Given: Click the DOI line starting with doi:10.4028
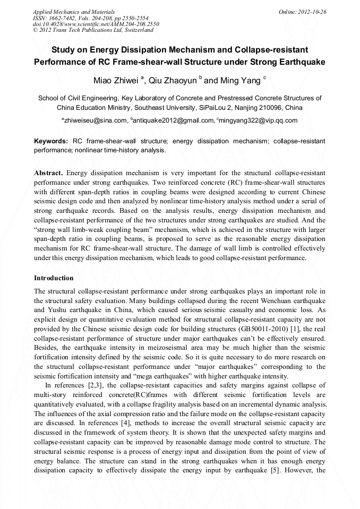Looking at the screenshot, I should [x=96, y=24].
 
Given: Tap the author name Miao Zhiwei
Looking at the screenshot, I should [x=115, y=81].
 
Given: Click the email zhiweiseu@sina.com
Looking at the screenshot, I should [x=96, y=120].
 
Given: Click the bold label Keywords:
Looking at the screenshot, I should [x=51, y=141].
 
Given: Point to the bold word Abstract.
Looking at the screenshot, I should [x=48, y=174].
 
